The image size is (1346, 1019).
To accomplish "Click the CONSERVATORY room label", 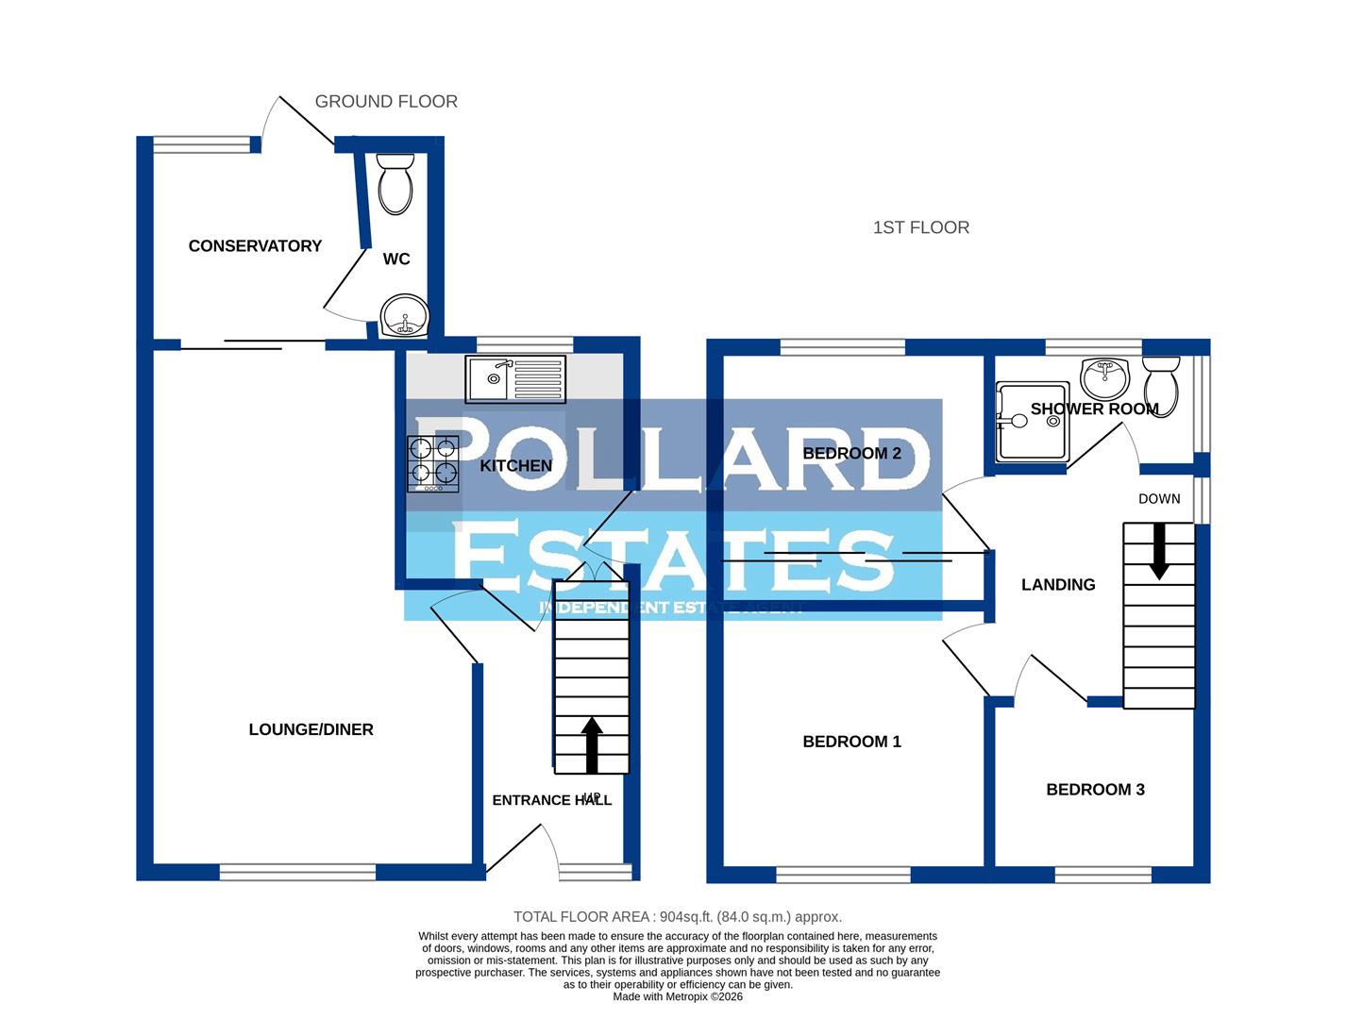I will pos(255,246).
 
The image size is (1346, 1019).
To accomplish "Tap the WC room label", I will pos(396,259).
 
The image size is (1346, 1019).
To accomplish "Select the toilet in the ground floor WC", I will pos(395,184).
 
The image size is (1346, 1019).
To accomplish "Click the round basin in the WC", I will pos(404,315).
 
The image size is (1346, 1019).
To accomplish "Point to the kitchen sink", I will pos(514,378).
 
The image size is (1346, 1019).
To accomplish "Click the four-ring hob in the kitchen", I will pos(433,463).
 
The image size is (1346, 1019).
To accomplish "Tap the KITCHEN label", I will pos(515,466).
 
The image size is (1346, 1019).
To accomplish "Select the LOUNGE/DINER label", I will pos(311,729).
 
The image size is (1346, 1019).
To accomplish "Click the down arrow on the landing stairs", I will pos(1159,551).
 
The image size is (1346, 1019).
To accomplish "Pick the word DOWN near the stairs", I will pos(1159,499).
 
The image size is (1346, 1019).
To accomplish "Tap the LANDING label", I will pos(1058,585).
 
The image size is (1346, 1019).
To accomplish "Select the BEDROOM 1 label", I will pos(851,742).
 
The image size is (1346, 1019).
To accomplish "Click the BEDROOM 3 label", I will pos(1095,790).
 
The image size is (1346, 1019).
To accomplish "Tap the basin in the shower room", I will pos(1105,377).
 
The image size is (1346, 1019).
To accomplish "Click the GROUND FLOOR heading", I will pos(386,102).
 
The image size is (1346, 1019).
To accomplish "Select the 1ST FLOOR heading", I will pos(920,227).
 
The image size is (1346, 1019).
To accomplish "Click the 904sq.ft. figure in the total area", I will pos(685,917).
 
